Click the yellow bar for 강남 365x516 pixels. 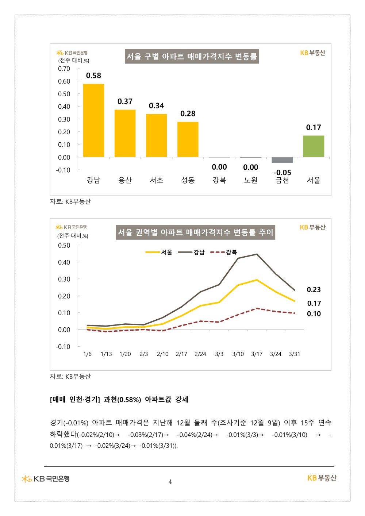click(x=93, y=120)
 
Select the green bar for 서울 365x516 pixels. click(x=314, y=146)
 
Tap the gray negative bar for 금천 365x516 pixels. click(x=282, y=160)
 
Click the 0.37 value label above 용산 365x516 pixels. click(x=125, y=101)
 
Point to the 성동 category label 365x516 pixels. click(x=188, y=180)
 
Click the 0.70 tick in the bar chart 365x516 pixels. click(x=64, y=69)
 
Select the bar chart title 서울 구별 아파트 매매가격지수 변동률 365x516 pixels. click(x=192, y=57)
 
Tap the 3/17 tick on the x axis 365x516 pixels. click(x=257, y=354)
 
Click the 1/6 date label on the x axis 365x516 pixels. click(x=87, y=354)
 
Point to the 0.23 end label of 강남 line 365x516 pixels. click(x=314, y=290)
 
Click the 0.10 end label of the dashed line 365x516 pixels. click(x=314, y=314)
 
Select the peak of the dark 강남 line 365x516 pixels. click(x=257, y=254)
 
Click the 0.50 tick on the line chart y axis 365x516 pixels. click(x=64, y=246)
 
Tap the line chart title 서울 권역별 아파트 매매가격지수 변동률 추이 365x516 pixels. click(x=195, y=232)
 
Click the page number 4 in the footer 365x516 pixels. click(x=170, y=482)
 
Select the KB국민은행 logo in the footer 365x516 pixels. click(x=46, y=478)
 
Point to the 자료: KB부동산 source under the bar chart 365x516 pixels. click(x=70, y=201)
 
